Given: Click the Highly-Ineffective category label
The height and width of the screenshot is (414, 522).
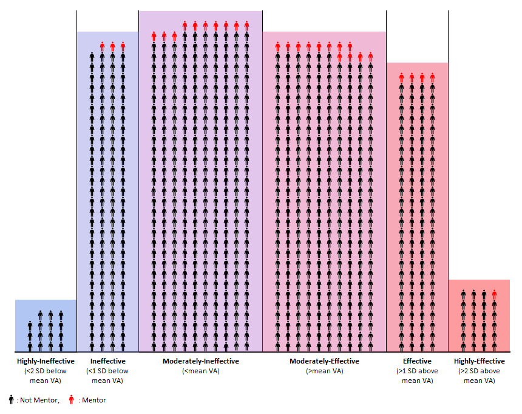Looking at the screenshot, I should tap(46, 361).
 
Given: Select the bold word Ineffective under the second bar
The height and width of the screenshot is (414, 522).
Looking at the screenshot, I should tap(107, 361).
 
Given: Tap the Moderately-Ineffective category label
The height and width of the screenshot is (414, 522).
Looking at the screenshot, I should tap(200, 361).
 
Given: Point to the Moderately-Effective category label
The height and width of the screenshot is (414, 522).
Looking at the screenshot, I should tap(324, 361).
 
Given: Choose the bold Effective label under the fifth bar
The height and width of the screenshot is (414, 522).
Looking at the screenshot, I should tap(417, 361).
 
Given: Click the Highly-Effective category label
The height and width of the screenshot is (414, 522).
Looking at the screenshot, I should tap(478, 361).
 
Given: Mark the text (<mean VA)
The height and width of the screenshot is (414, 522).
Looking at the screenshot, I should tap(200, 371).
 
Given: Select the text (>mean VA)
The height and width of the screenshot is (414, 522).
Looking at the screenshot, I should tap(324, 371).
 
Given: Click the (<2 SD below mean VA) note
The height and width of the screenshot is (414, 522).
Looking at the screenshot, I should tap(46, 376).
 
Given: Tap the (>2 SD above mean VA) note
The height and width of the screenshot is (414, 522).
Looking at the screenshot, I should tap(478, 376).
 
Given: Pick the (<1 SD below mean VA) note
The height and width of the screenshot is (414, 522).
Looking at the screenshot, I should tap(107, 376).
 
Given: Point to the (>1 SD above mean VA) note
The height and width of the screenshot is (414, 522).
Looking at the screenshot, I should tap(417, 376).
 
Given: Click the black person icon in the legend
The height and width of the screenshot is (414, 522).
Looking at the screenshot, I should tap(11, 399).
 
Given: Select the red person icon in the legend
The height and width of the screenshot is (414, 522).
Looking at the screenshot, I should tap(72, 399).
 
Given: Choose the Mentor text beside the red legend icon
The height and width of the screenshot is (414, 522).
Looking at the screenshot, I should tap(94, 400).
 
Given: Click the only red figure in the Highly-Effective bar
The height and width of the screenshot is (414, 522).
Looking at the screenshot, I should tap(494, 296).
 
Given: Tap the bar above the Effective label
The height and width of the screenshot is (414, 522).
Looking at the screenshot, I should tap(417, 207).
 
